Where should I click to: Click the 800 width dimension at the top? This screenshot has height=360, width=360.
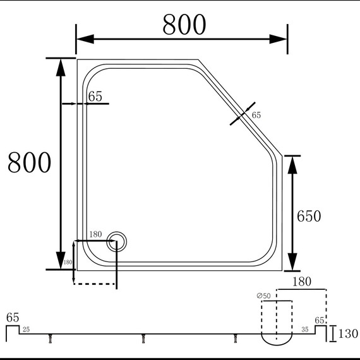[184, 25]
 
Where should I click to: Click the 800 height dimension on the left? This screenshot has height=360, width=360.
[29, 163]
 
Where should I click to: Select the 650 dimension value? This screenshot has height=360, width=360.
[309, 216]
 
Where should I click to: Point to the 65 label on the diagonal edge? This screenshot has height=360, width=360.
[256, 115]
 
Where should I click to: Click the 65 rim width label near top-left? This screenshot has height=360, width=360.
[95, 97]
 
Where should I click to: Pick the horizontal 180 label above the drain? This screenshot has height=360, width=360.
[95, 234]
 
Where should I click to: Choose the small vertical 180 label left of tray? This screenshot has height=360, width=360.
[67, 262]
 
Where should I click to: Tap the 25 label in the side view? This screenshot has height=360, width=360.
[26, 330]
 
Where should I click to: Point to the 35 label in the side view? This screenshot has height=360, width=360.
[305, 330]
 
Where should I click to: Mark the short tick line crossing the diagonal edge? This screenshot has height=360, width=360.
[243, 114]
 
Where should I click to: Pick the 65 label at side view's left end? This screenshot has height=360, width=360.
[12, 317]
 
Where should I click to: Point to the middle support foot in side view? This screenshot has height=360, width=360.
[143, 339]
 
